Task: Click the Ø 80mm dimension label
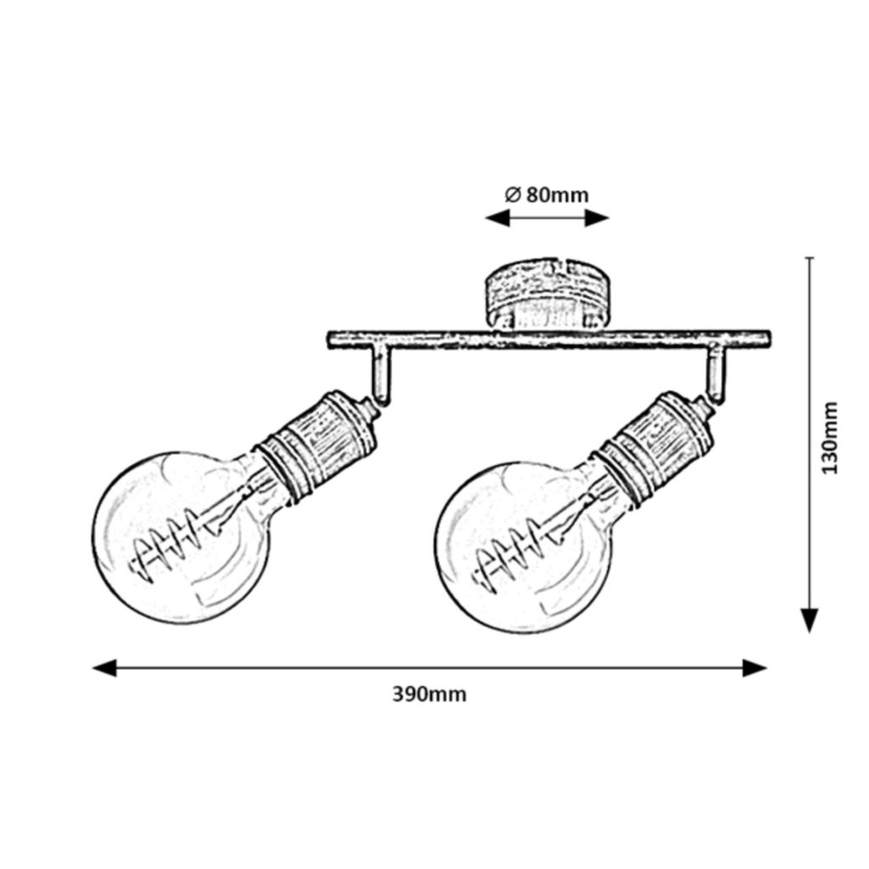[x=547, y=194]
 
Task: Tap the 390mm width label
[x=429, y=694]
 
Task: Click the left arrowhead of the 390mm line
[x=104, y=668]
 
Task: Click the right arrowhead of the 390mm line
[x=754, y=668]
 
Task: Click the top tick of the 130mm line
[x=810, y=257]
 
